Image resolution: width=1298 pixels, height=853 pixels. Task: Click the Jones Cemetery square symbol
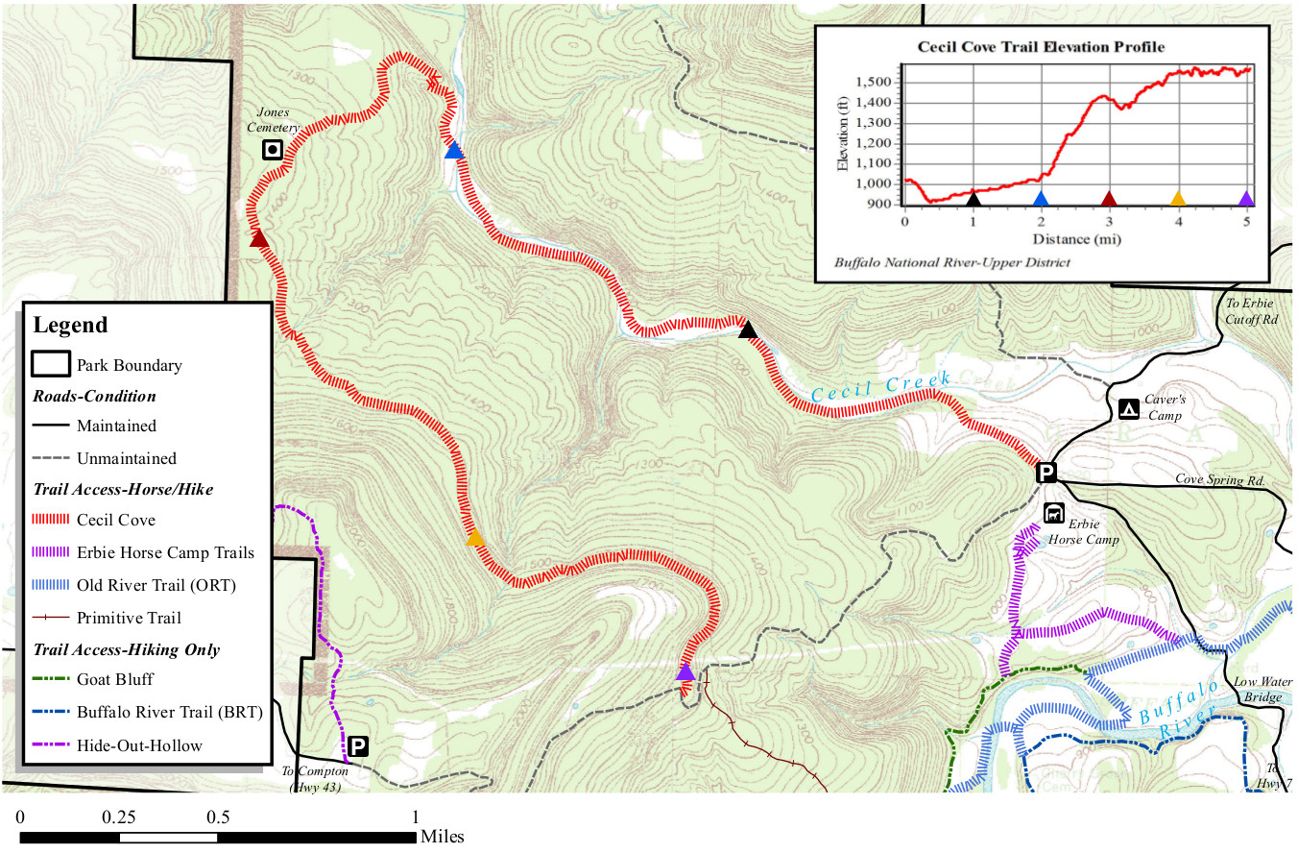tap(273, 149)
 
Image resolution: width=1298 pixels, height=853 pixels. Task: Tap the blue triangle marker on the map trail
tap(454, 151)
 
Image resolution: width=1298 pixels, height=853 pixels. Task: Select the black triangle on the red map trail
tap(748, 330)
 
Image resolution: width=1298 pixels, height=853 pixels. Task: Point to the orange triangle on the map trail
tap(474, 538)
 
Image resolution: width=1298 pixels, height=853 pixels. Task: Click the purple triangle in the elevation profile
tap(1246, 199)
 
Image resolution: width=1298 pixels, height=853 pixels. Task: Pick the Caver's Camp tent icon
tap(1129, 409)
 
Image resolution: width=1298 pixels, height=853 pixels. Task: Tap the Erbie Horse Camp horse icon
tap(1053, 513)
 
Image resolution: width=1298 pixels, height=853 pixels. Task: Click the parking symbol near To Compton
tap(357, 746)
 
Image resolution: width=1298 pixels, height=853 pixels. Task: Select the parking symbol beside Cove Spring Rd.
tap(1046, 472)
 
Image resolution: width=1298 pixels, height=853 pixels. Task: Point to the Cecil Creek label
tap(880, 387)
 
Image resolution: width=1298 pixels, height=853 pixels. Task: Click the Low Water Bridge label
tap(1258, 689)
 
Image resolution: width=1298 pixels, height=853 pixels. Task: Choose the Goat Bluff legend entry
tap(115, 679)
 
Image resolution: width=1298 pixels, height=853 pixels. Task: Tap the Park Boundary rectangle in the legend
tap(50, 364)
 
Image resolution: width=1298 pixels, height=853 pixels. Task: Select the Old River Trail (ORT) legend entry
tap(156, 585)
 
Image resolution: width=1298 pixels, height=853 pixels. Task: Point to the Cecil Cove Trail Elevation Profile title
tap(1041, 46)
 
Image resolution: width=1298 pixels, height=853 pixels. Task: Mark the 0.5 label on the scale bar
tap(218, 817)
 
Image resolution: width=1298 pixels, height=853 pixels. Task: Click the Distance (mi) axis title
tap(1076, 238)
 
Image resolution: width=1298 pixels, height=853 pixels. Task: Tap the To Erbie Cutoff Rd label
tap(1252, 311)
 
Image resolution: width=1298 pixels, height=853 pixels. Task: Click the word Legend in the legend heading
tap(70, 325)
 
